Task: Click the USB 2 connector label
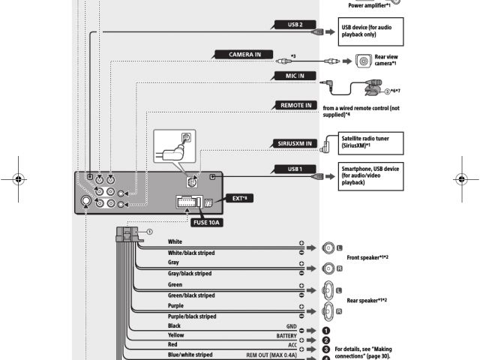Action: (x=295, y=24)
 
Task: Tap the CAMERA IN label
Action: (x=240, y=55)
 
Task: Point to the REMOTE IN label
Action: (x=296, y=106)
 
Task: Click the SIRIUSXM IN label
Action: (x=292, y=143)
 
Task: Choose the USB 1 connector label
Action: (x=295, y=169)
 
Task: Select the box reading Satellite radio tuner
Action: (x=371, y=142)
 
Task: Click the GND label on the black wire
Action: (x=292, y=326)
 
